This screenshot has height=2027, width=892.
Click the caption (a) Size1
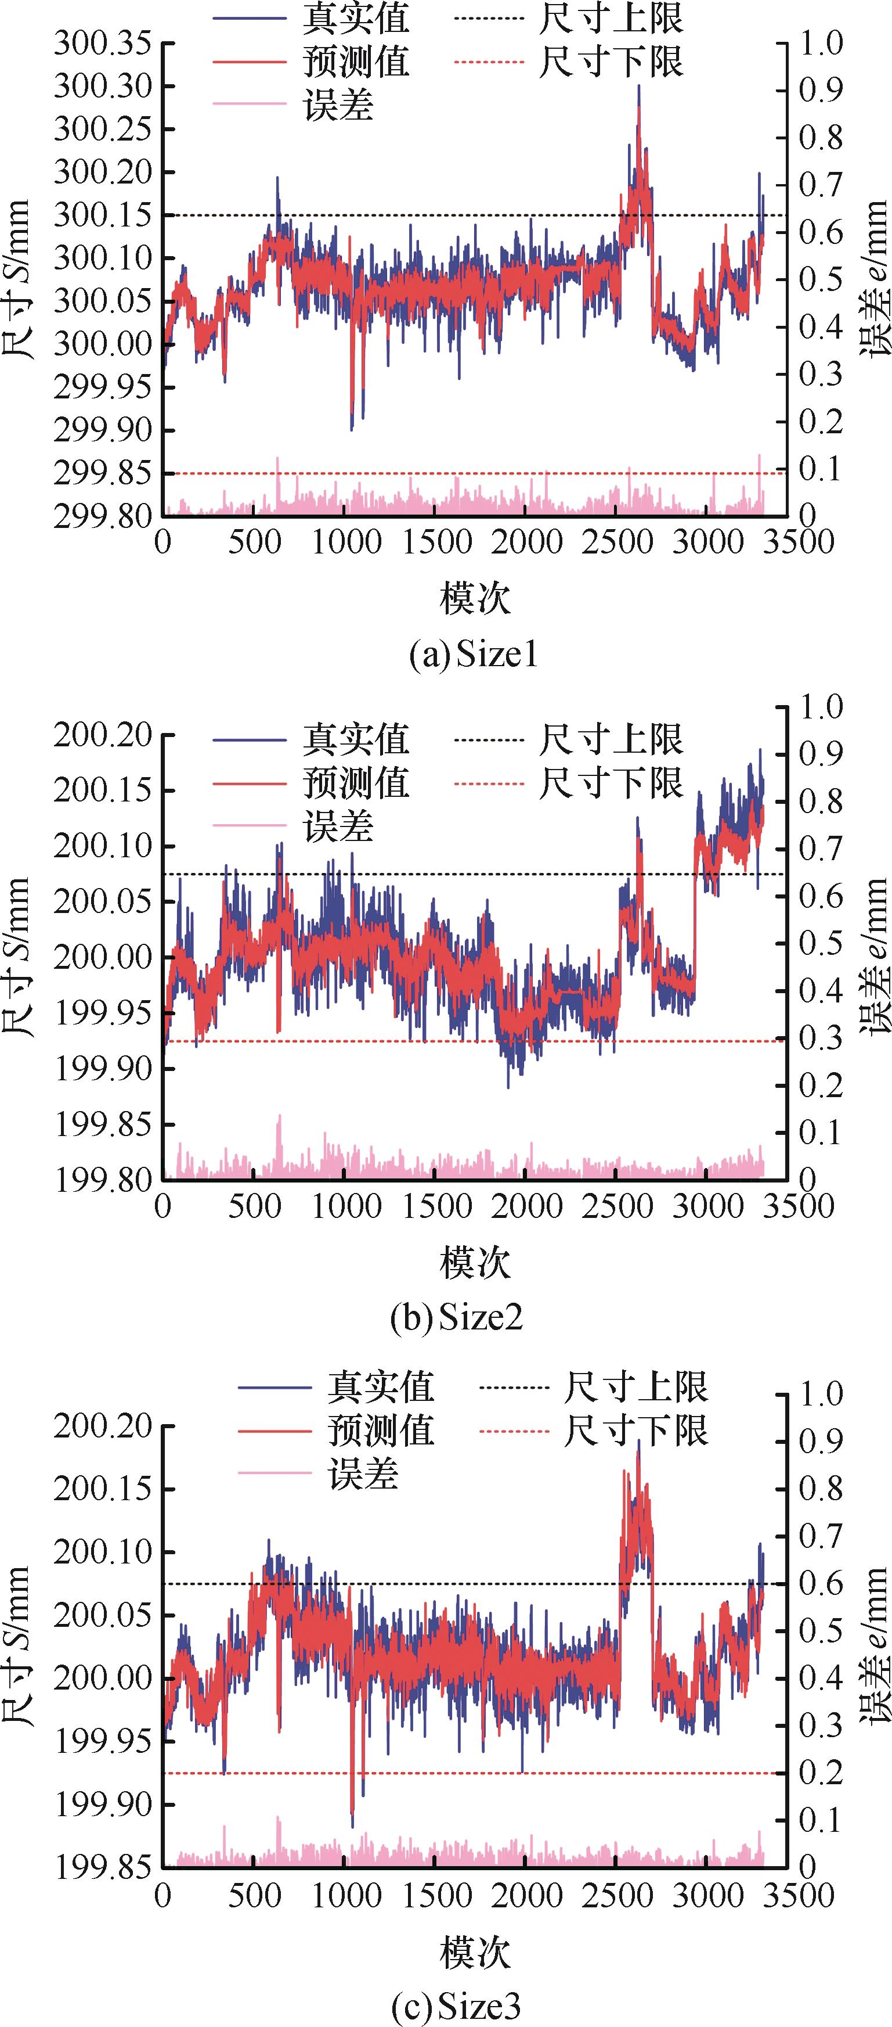pos(474,655)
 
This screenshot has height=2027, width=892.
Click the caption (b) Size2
pos(456,1317)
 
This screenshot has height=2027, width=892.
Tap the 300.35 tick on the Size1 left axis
pos(102,44)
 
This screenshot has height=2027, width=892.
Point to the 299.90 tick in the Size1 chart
pos(102,430)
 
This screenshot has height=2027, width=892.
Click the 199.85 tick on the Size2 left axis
pos(102,1124)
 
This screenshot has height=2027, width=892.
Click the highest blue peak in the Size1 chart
pos(639,87)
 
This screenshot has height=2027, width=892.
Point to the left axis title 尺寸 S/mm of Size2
pos(17,957)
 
